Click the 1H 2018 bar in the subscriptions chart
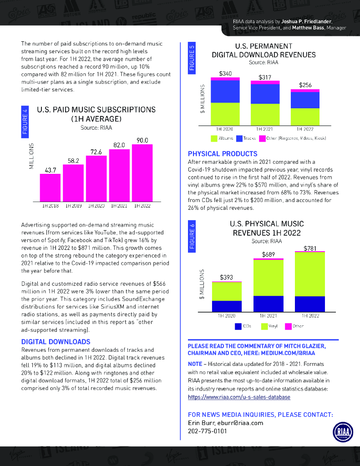(x=50, y=187)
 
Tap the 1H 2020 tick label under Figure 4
(x=96, y=206)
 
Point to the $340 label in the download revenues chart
(x=225, y=73)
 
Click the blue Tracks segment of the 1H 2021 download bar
(x=265, y=94)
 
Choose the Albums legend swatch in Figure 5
(x=214, y=138)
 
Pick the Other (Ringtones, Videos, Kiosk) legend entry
(x=292, y=138)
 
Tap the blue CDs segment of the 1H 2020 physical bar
(x=227, y=306)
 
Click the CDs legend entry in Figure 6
(x=243, y=326)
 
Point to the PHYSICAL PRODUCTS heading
(x=223, y=154)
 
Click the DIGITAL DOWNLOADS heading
(x=56, y=342)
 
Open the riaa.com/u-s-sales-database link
(x=239, y=397)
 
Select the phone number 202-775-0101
(x=208, y=431)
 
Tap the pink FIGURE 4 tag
(x=25, y=122)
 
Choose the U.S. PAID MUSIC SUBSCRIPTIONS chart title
(x=96, y=110)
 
